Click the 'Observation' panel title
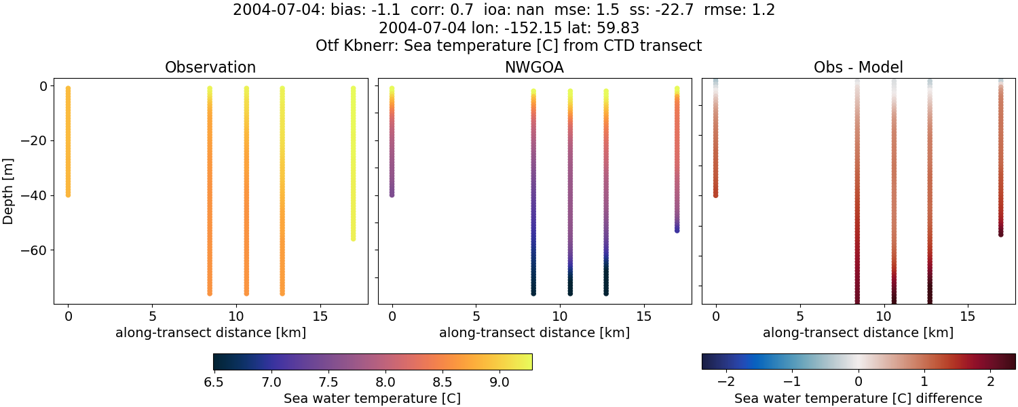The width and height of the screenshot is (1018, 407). click(x=210, y=67)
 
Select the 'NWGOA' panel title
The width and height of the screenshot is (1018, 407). click(x=534, y=67)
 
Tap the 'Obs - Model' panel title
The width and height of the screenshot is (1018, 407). click(x=858, y=67)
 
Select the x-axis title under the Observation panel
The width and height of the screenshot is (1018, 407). click(x=210, y=332)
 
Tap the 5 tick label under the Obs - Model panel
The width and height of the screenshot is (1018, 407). click(x=799, y=316)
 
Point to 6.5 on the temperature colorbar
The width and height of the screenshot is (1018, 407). click(x=214, y=382)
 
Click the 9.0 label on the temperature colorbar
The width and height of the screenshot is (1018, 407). click(x=499, y=382)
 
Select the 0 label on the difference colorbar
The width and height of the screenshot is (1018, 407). click(x=859, y=382)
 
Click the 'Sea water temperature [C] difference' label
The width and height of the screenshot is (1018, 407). click(x=858, y=398)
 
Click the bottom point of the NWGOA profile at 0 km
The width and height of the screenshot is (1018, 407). click(x=392, y=195)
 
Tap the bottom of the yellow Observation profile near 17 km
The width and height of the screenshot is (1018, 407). click(x=353, y=238)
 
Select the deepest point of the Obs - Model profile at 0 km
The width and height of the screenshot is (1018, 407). click(x=716, y=195)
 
